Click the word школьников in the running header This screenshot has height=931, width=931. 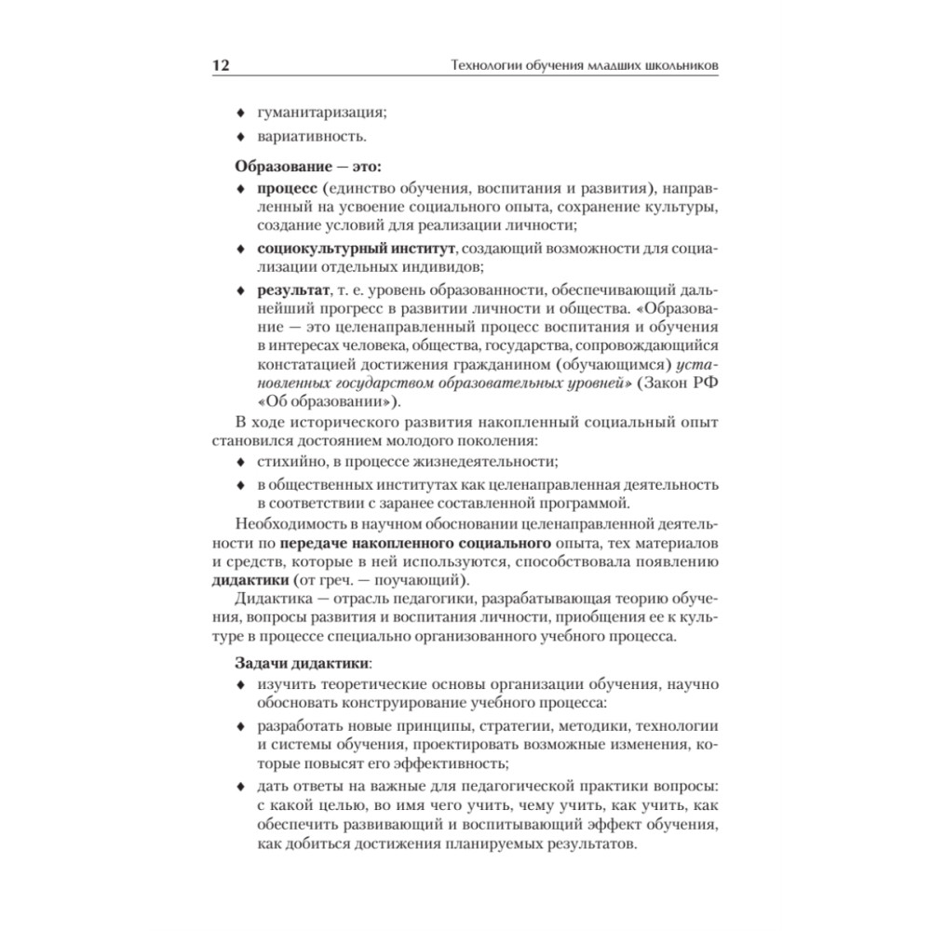[x=673, y=67]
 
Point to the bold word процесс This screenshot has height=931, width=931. [x=290, y=190]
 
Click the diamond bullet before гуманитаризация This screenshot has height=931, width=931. [x=239, y=114]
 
